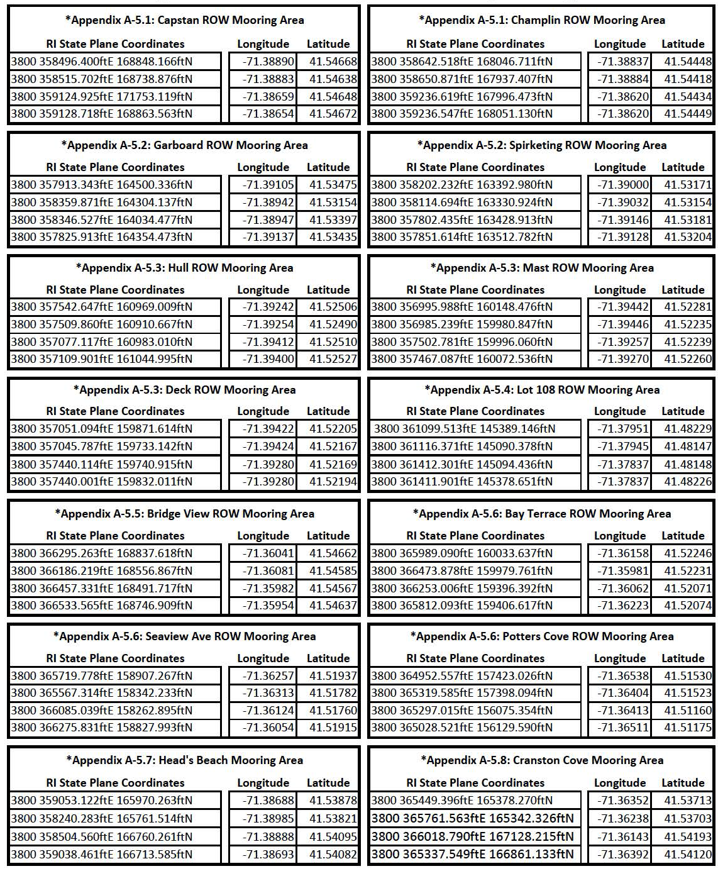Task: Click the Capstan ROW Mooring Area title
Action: pyautogui.click(x=184, y=20)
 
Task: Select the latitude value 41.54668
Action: pyautogui.click(x=333, y=62)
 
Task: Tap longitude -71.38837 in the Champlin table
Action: pyautogui.click(x=619, y=62)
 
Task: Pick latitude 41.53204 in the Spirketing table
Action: pyautogui.click(x=687, y=237)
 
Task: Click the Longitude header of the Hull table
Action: pyautogui.click(x=263, y=290)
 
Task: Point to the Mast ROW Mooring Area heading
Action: pyautogui.click(x=542, y=268)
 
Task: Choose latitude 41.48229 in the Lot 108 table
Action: pyautogui.click(x=687, y=429)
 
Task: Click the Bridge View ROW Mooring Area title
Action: pyautogui.click(x=184, y=514)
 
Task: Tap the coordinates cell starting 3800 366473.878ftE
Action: pyautogui.click(x=461, y=571)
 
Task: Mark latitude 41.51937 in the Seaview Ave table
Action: pyautogui.click(x=333, y=676)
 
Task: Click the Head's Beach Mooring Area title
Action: pyautogui.click(x=184, y=760)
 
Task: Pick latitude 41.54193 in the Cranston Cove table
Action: pyautogui.click(x=687, y=837)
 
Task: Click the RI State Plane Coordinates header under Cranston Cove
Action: pyautogui.click(x=475, y=783)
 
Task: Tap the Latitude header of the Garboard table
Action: pyautogui.click(x=328, y=167)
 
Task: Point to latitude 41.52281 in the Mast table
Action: pyautogui.click(x=687, y=307)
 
